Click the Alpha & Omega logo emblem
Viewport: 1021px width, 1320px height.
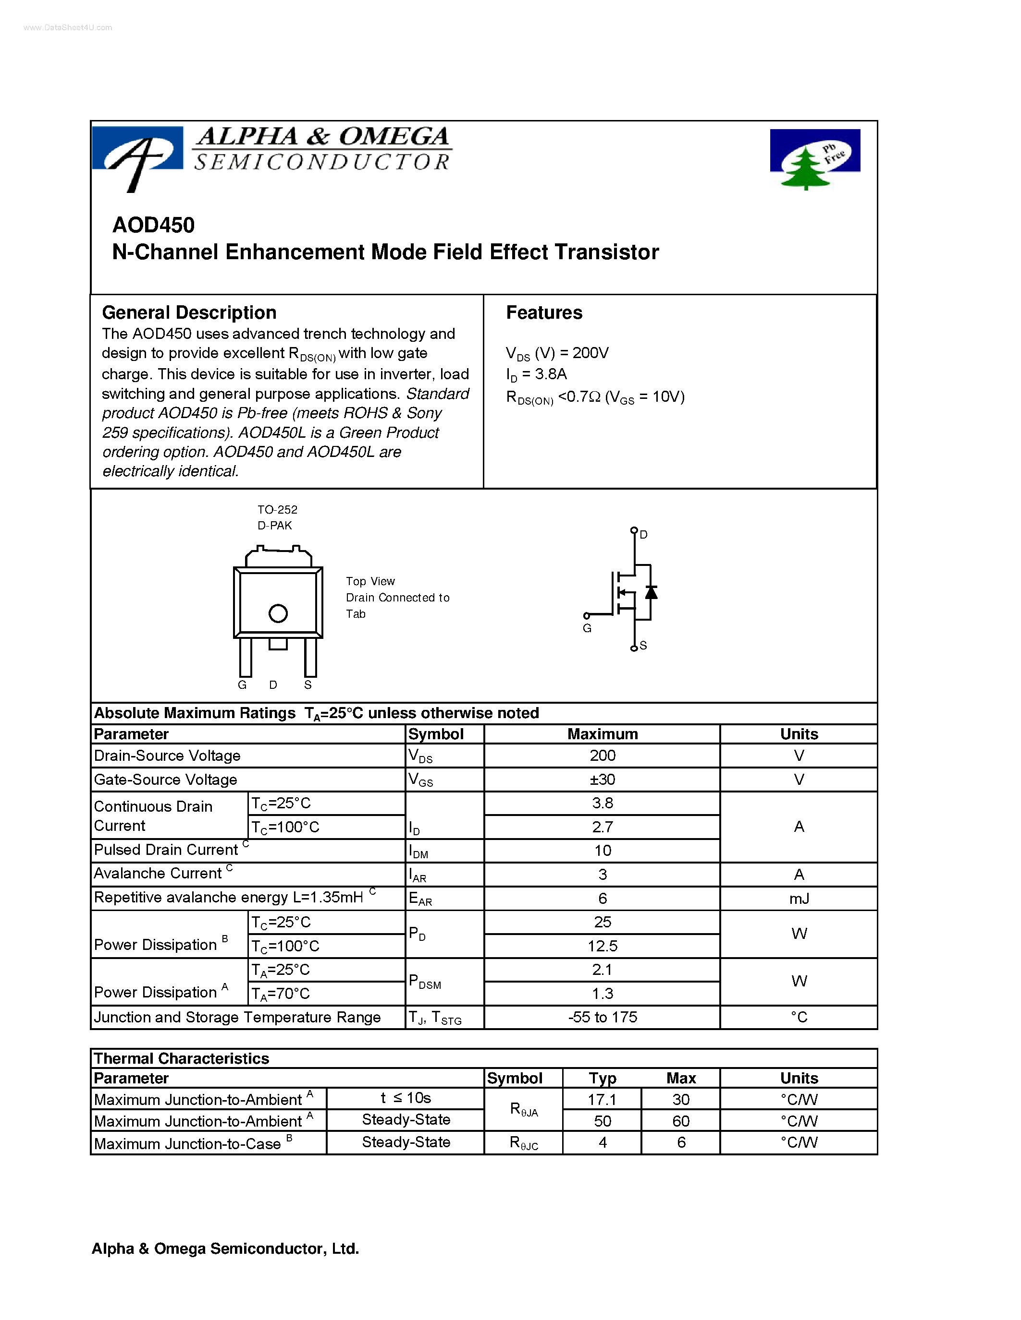(137, 156)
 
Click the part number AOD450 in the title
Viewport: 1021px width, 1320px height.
(154, 225)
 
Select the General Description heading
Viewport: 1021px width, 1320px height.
(189, 312)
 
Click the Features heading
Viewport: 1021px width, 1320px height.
(544, 312)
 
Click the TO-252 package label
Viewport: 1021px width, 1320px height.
(277, 509)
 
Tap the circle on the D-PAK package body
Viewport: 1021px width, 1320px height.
(278, 613)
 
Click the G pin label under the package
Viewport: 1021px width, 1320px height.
(242, 685)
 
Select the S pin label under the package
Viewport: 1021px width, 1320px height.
(308, 685)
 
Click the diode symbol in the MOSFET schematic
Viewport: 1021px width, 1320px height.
(651, 592)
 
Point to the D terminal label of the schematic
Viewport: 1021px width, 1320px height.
(643, 535)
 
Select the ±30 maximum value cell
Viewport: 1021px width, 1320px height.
(602, 780)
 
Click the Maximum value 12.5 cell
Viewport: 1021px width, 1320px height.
(602, 946)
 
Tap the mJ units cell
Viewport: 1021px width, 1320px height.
(799, 899)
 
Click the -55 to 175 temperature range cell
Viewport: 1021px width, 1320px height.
(602, 1017)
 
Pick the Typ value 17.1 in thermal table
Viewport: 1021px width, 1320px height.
(602, 1099)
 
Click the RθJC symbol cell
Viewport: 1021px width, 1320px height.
(523, 1142)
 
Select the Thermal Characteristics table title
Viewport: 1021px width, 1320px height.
(182, 1058)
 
